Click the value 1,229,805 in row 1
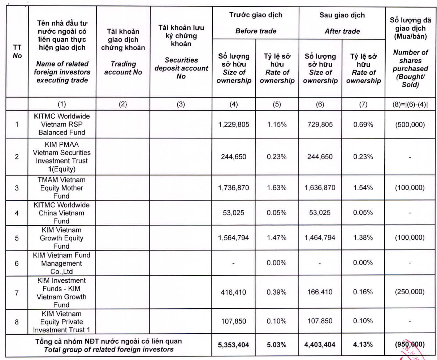[234, 124]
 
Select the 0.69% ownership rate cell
[363, 125]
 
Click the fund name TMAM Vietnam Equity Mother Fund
[61, 188]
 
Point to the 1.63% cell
[277, 188]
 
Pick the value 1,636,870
[320, 188]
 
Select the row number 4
[17, 213]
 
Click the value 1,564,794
[234, 237]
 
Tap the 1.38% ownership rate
[363, 237]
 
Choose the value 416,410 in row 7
[234, 292]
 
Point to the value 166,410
[320, 292]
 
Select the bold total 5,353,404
[233, 345]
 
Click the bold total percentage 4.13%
[363, 345]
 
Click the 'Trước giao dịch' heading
[256, 15]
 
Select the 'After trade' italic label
[342, 31]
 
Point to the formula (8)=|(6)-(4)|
[410, 104]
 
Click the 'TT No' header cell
[17, 52]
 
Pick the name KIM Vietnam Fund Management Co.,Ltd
[61, 263]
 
